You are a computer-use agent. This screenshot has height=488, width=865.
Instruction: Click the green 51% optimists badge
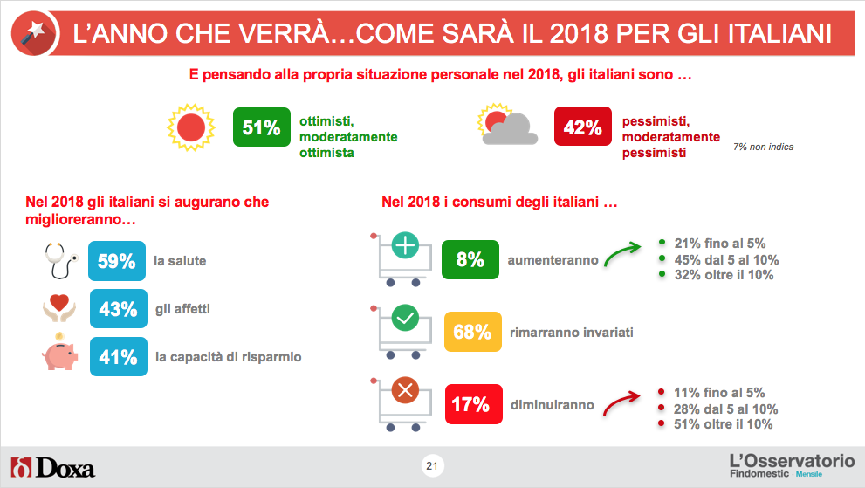pos(262,127)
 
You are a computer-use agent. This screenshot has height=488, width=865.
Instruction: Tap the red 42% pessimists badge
pos(583,127)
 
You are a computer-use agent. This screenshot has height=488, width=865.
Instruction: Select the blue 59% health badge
pos(117,260)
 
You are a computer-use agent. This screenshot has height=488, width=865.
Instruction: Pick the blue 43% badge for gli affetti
pos(118,309)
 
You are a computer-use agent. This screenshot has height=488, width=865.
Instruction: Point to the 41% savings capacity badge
pos(118,356)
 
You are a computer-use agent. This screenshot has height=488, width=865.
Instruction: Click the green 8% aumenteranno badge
pos(470,259)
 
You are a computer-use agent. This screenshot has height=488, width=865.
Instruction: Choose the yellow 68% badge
pos(472,332)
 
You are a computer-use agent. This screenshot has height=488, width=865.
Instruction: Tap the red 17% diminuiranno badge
pos(470,404)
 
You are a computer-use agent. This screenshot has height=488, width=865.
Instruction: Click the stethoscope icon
pos(60,260)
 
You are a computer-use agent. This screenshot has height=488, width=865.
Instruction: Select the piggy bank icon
pos(60,354)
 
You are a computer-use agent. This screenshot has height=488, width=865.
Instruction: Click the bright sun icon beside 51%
pos(189,127)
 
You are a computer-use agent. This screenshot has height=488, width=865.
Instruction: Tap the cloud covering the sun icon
pos(511,128)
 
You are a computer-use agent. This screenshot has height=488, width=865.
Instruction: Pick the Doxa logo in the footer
pos(52,467)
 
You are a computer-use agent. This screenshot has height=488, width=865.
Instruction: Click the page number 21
pos(431,466)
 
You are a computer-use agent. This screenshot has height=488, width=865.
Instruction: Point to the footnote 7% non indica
pos(764,148)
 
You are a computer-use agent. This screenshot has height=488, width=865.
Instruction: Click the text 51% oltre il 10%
pos(721,424)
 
